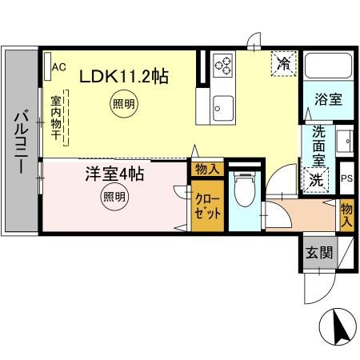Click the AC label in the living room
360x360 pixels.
(x=58, y=67)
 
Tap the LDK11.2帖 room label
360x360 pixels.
(x=122, y=77)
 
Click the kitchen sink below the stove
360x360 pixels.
(x=222, y=105)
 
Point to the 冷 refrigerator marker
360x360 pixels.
(x=282, y=62)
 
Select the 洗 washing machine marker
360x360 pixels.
(x=316, y=180)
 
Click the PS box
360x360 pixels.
(x=346, y=178)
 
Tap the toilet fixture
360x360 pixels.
(x=243, y=192)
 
